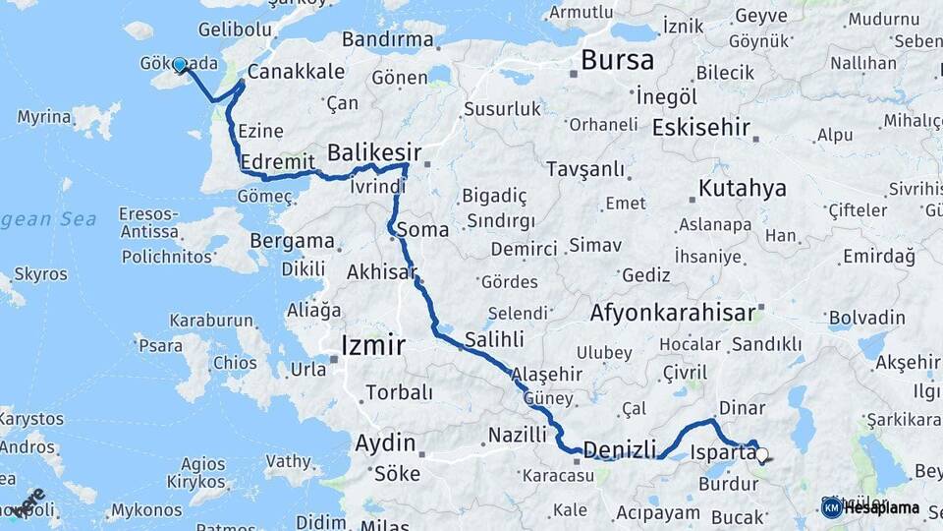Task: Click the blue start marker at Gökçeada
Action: tap(180, 65)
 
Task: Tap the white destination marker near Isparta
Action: tap(761, 454)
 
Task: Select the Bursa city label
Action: tap(617, 60)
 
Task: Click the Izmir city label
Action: tap(372, 345)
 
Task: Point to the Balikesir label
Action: tap(373, 153)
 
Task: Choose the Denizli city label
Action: tap(619, 450)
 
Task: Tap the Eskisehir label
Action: tap(701, 127)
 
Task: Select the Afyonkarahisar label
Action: tap(674, 314)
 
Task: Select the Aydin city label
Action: tap(385, 442)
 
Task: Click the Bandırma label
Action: tap(388, 40)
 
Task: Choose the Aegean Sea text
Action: tap(49, 219)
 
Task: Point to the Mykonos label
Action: tap(146, 510)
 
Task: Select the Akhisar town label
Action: tap(382, 271)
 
